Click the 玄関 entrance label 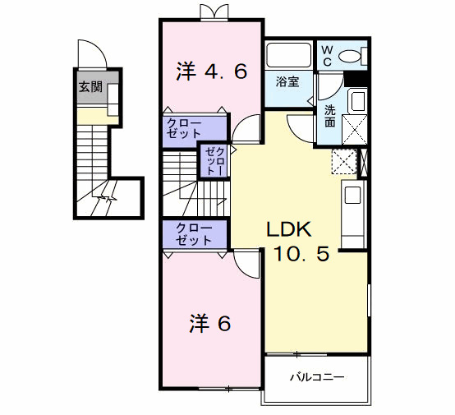[90, 86]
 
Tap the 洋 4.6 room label [212, 71]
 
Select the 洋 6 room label [210, 323]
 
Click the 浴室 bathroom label [287, 81]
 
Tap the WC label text [328, 56]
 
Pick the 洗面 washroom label [330, 116]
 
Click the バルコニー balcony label [318, 377]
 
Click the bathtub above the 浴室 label [289, 55]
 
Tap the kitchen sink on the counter [352, 195]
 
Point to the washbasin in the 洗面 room [357, 101]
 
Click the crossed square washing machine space [355, 130]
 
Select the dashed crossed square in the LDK [344, 162]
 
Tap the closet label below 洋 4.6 [184, 128]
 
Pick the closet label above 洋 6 [194, 234]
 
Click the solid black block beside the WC [356, 79]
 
